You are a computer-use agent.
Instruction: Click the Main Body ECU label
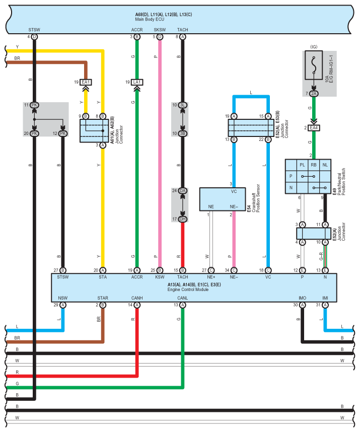(150, 19)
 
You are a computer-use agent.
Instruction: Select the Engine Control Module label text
(188, 290)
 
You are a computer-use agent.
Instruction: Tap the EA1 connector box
(86, 82)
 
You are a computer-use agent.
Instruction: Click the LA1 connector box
(137, 82)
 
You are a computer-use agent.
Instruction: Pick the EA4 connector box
(314, 128)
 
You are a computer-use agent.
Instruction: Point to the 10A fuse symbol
(314, 65)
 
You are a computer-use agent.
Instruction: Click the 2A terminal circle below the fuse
(314, 94)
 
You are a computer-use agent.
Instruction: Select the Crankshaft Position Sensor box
(223, 199)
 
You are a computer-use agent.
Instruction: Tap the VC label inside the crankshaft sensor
(234, 191)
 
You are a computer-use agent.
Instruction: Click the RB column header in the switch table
(314, 165)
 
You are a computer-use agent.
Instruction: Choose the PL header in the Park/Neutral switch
(302, 165)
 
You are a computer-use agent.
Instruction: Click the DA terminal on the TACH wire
(183, 191)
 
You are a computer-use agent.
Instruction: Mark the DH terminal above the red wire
(183, 219)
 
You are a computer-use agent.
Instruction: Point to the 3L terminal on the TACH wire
(183, 105)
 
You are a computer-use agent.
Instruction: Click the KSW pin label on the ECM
(160, 277)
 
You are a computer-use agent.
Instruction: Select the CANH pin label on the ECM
(137, 298)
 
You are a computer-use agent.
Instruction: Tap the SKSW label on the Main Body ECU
(160, 30)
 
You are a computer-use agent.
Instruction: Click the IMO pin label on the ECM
(303, 298)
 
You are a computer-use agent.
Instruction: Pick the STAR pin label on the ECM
(103, 298)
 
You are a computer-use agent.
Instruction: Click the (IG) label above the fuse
(314, 47)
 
